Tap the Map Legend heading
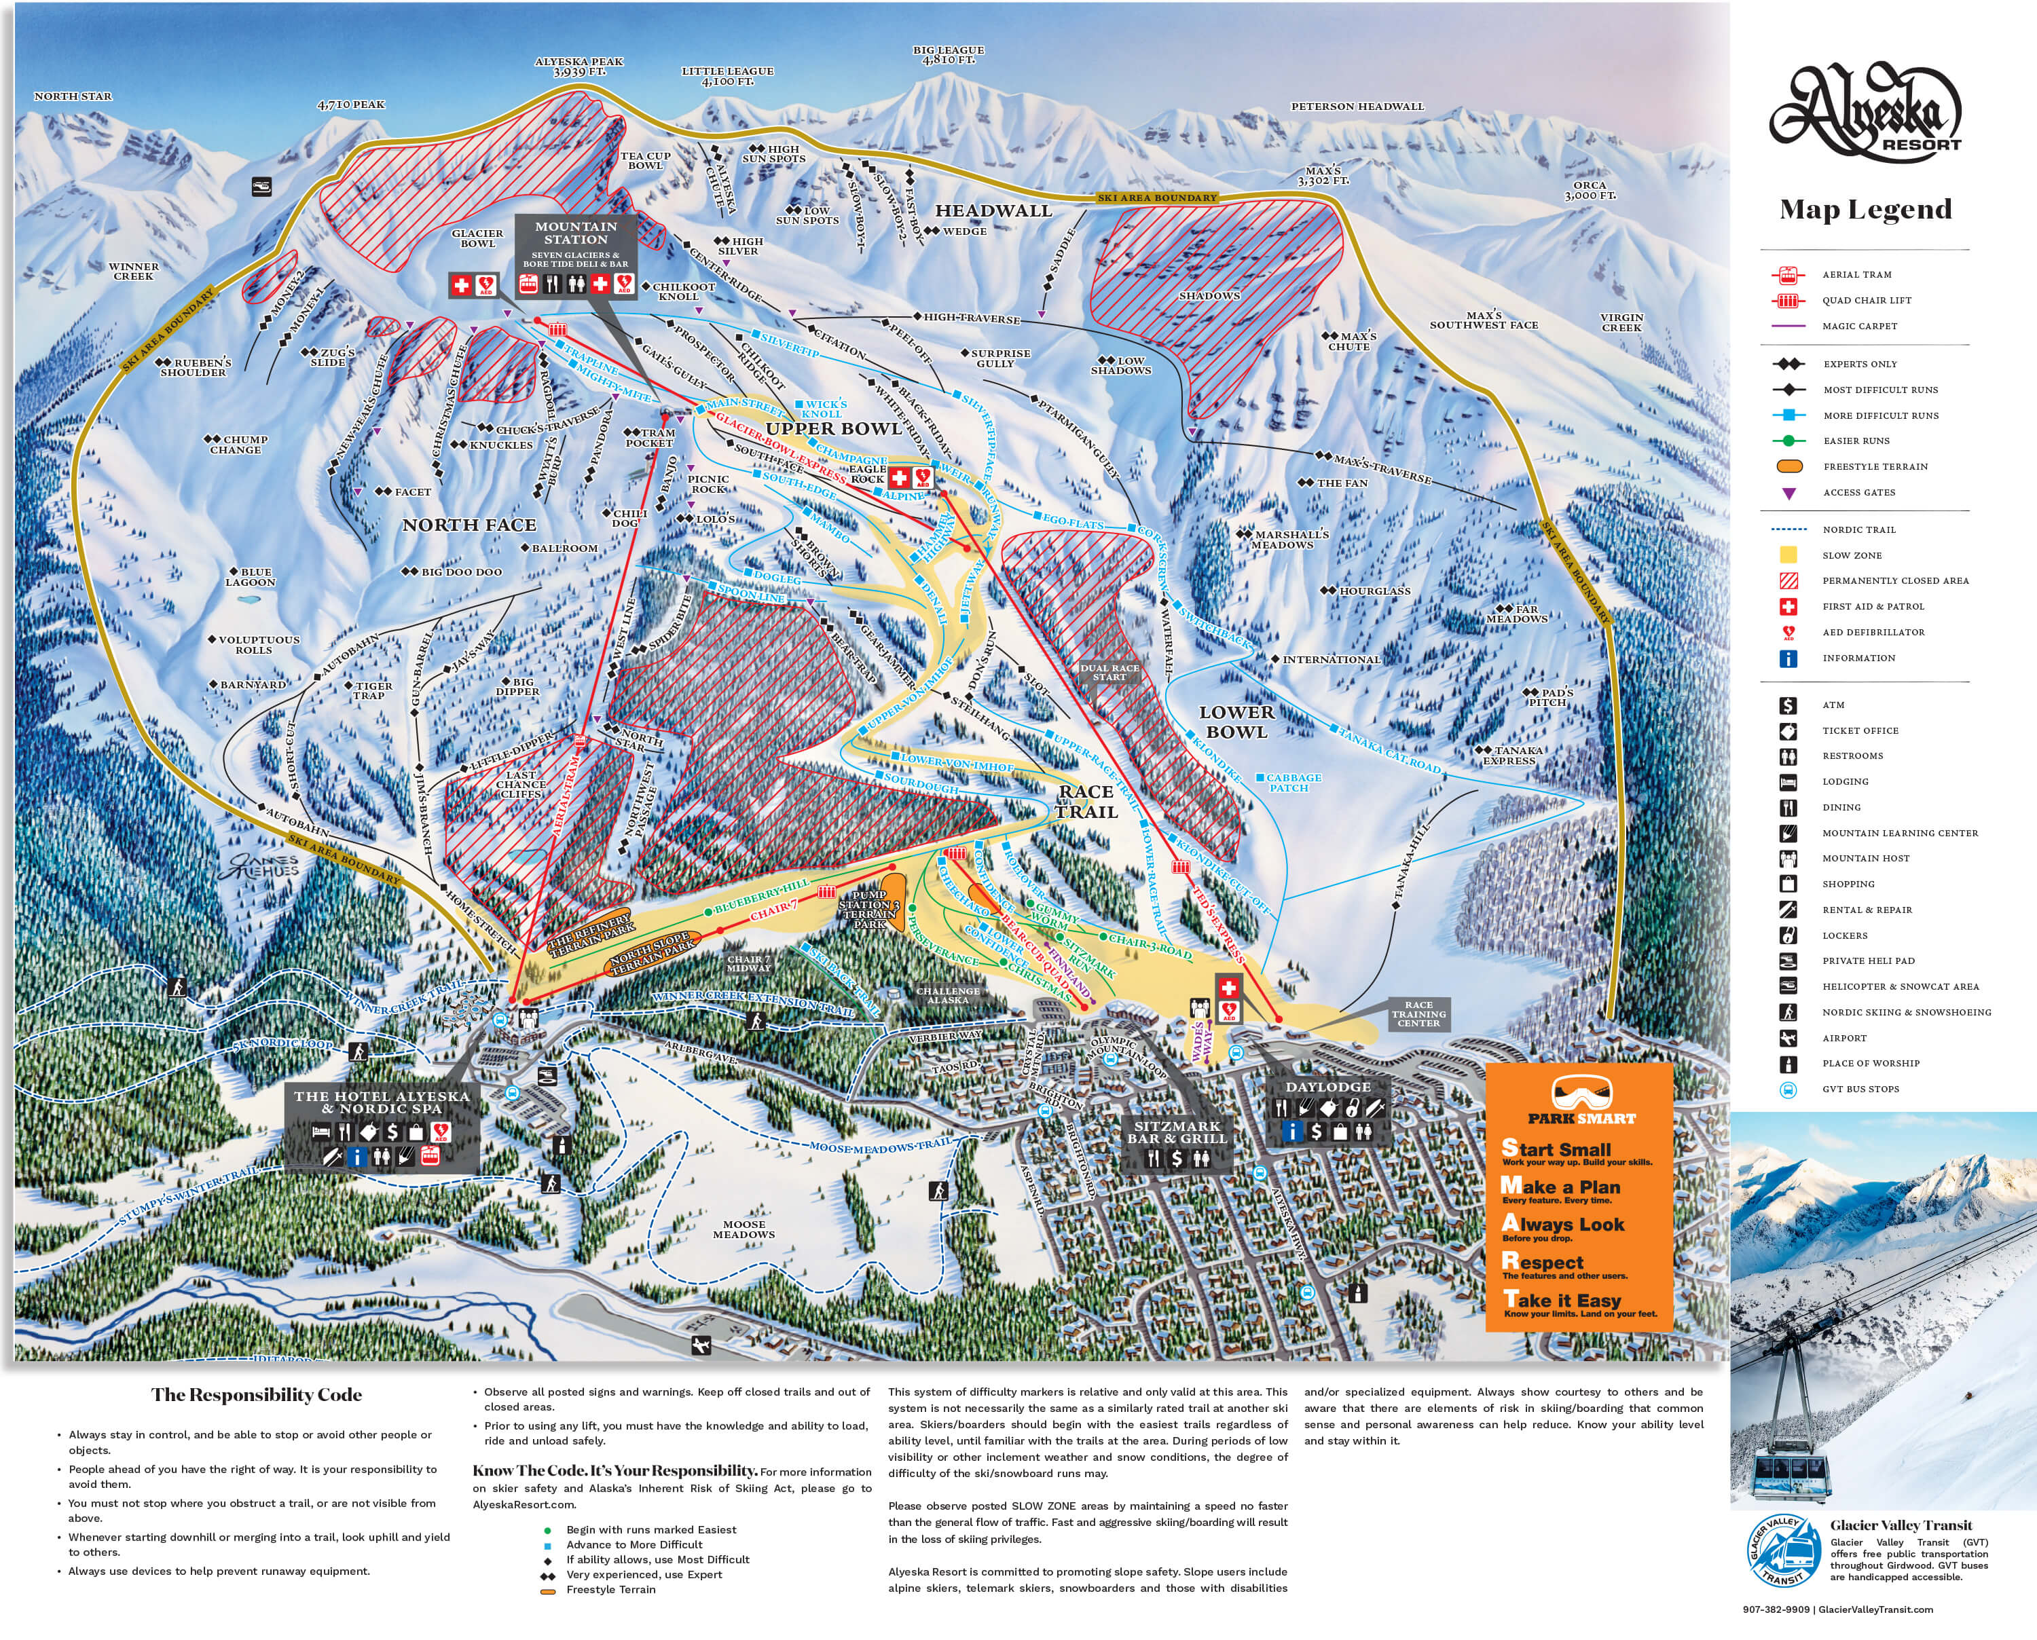click(x=1865, y=209)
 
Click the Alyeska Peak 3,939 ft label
click(x=579, y=66)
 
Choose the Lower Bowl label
click(x=1236, y=722)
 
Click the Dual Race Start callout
click(x=1109, y=672)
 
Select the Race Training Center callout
click(x=1418, y=1013)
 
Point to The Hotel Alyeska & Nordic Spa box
click(x=382, y=1102)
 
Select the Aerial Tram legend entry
click(x=1856, y=275)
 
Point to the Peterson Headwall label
click(x=1357, y=107)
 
